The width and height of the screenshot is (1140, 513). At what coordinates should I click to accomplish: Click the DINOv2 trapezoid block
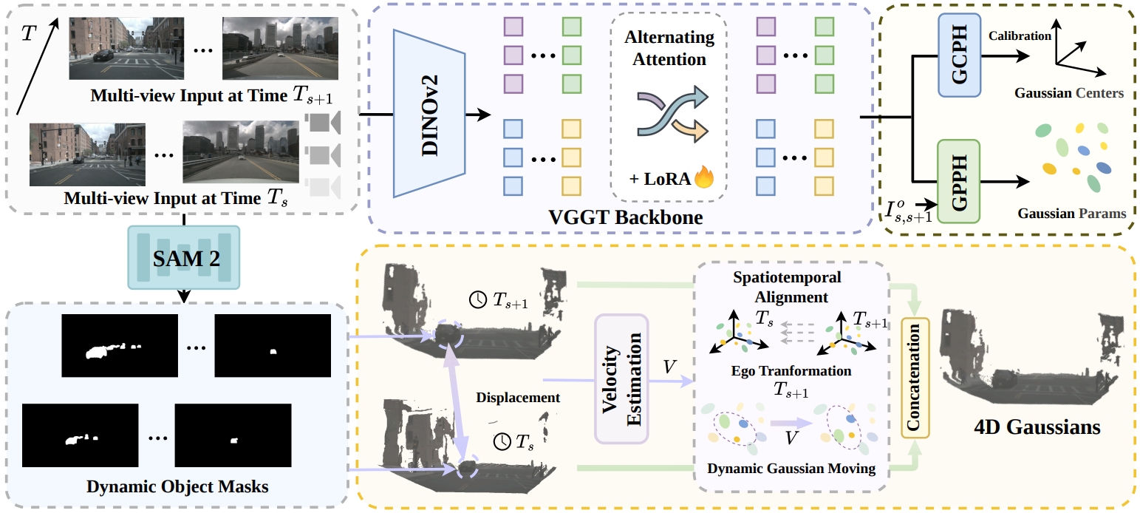[x=429, y=114]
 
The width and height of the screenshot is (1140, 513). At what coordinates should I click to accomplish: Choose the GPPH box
[x=958, y=182]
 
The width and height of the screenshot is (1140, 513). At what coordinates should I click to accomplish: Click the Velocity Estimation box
[x=621, y=379]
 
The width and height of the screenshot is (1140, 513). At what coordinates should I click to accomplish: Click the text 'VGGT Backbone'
[x=624, y=218]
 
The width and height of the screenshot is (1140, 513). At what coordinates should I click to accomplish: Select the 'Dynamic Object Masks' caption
[x=177, y=486]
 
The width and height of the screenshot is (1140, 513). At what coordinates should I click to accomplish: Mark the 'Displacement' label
[x=518, y=398]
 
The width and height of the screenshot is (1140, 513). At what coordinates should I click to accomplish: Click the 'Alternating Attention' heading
[x=669, y=47]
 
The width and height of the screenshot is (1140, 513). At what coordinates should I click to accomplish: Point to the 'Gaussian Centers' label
[x=1068, y=94]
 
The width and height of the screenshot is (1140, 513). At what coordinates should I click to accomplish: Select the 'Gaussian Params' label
[x=1071, y=214]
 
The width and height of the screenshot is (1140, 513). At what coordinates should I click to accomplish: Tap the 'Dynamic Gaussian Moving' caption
[x=791, y=468]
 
